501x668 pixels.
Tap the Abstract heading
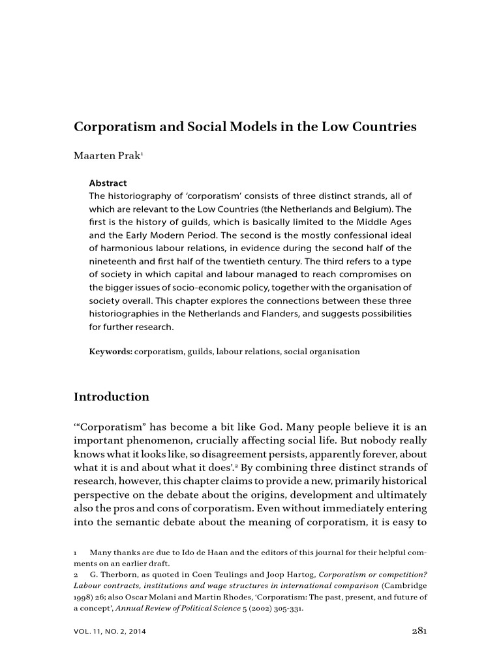tap(108, 183)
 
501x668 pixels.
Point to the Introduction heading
tap(111, 397)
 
